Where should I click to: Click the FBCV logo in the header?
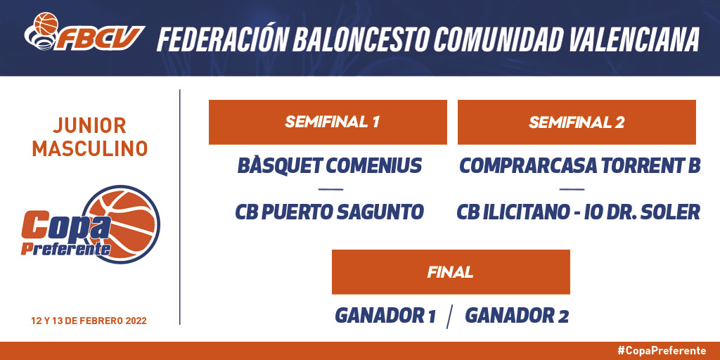click(84, 32)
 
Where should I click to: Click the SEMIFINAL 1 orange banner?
click(328, 122)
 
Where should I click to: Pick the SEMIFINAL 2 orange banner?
click(577, 122)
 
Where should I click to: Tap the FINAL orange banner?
click(451, 272)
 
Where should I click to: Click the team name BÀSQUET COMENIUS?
click(330, 165)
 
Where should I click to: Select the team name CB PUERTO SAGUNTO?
click(330, 212)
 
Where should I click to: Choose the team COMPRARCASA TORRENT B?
click(580, 166)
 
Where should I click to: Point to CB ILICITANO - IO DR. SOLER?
click(579, 212)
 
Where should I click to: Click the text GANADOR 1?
click(385, 316)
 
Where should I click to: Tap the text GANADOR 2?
click(517, 316)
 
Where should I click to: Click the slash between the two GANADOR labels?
click(450, 317)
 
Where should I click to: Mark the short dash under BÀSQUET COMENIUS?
click(330, 189)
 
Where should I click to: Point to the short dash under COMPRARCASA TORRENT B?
click(572, 189)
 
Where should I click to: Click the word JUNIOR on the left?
click(89, 125)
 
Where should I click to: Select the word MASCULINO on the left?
click(90, 149)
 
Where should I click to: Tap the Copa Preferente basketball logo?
click(91, 225)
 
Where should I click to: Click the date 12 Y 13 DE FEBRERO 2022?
click(89, 321)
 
